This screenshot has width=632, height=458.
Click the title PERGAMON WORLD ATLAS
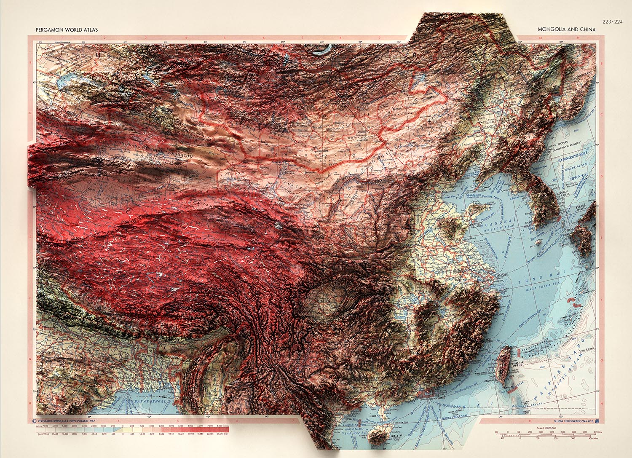(67, 29)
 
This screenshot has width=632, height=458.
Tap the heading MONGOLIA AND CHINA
(567, 29)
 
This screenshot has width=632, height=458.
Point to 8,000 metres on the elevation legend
(223, 426)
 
